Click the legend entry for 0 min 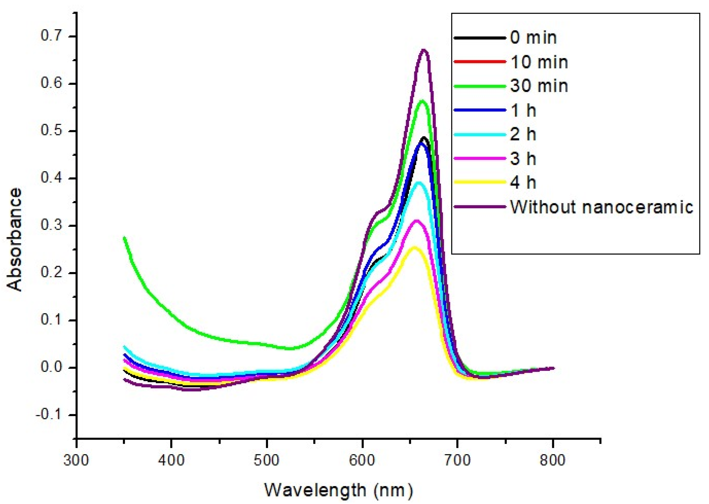(533, 38)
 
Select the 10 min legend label (539, 62)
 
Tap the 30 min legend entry (539, 86)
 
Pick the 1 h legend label (523, 110)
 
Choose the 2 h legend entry (523, 134)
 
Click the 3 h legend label (523, 159)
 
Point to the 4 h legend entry (523, 182)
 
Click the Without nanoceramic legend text (601, 207)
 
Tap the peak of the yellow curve (414, 247)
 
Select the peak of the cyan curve (419, 183)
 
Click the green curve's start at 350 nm (124, 238)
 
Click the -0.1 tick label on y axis (51, 415)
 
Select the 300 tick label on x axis (76, 460)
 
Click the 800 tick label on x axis (552, 460)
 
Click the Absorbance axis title (15, 240)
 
